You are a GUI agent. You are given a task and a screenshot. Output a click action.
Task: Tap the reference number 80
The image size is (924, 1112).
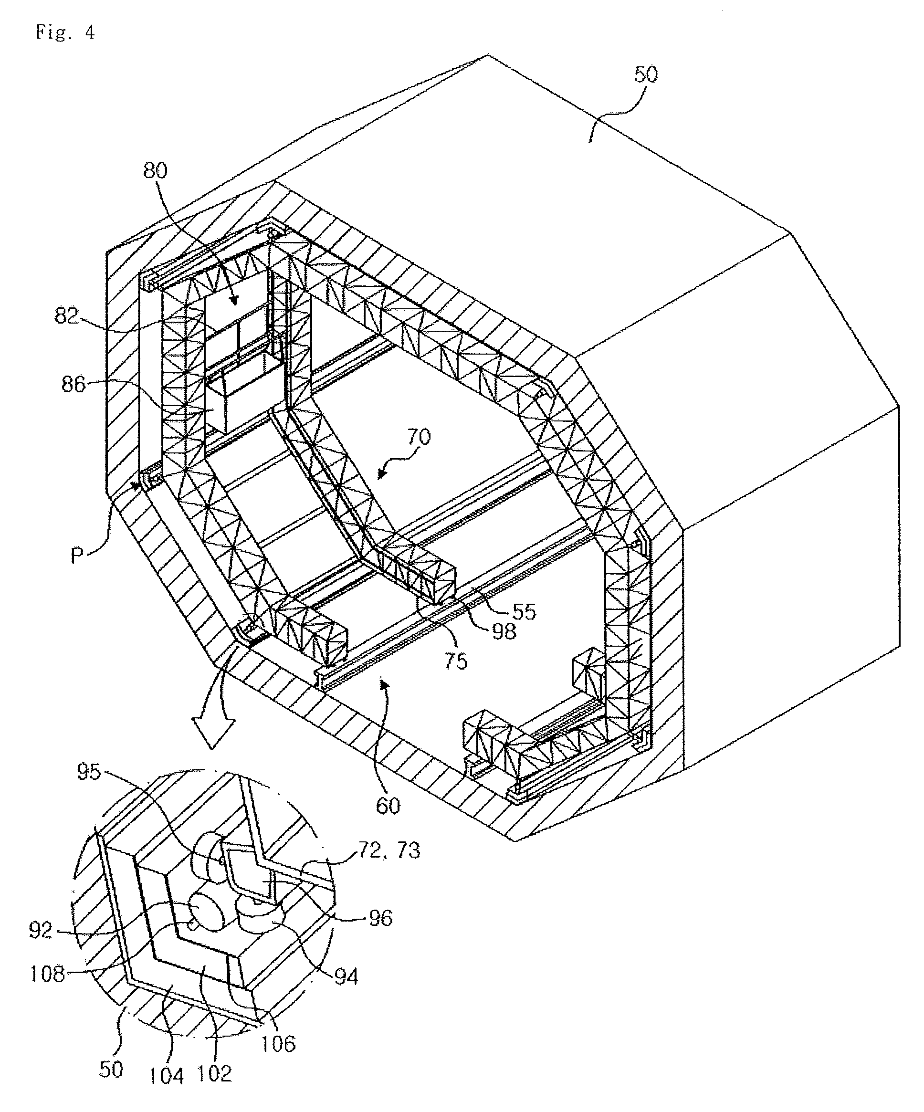(x=155, y=170)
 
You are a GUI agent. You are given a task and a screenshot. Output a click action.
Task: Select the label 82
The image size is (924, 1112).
(x=66, y=316)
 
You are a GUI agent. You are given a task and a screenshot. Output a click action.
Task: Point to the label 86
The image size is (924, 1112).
(x=73, y=384)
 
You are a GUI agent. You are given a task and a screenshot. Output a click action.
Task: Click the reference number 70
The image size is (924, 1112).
(x=419, y=437)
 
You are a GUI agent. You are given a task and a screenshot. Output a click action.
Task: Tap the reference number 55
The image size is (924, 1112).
(x=524, y=612)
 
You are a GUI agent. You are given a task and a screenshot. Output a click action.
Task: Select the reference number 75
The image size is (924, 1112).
(x=456, y=661)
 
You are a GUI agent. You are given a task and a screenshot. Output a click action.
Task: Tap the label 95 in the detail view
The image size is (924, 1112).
(x=88, y=772)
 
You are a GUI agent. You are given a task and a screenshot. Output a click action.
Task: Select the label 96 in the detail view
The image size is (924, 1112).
(x=379, y=918)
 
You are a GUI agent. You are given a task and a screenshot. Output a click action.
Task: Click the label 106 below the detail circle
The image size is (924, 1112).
(x=279, y=1044)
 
